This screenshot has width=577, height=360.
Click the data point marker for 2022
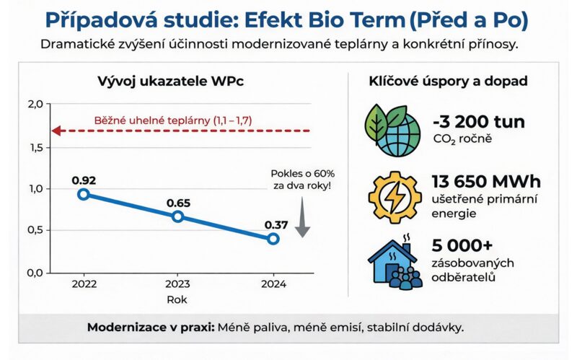pyautogui.click(x=84, y=194)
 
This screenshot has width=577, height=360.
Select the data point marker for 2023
pyautogui.click(x=178, y=216)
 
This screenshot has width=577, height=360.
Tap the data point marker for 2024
pyautogui.click(x=273, y=239)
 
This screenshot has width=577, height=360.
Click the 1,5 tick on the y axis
pyautogui.click(x=35, y=147)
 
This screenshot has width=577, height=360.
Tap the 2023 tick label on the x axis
pyautogui.click(x=178, y=284)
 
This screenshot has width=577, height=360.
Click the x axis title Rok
pyautogui.click(x=178, y=299)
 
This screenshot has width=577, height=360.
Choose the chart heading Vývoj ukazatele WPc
pyautogui.click(x=170, y=81)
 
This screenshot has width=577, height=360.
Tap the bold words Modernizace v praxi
pyautogui.click(x=149, y=327)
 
